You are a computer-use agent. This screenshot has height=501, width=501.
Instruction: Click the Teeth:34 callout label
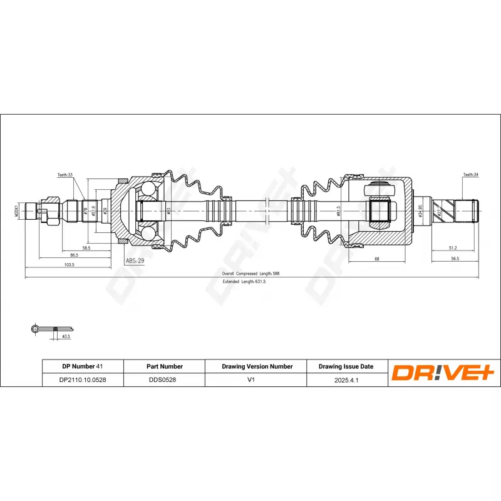(471, 175)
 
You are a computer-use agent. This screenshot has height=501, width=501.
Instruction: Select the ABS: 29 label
(135, 260)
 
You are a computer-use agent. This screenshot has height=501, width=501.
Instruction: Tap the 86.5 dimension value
(74, 256)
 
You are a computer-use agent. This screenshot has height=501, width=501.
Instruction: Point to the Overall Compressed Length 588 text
(250, 274)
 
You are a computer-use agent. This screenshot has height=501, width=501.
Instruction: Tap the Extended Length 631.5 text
(244, 282)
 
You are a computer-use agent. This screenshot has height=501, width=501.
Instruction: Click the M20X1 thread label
(17, 210)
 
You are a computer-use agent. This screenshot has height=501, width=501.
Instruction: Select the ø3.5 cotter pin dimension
(65, 336)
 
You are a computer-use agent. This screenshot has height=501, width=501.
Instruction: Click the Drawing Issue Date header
(346, 366)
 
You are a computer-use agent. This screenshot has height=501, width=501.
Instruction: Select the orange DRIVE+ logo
(444, 373)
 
